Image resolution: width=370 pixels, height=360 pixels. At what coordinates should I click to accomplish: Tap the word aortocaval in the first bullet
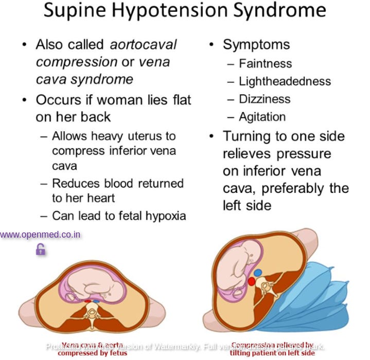click(143, 45)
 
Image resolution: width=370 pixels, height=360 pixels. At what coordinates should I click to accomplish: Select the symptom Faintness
click(265, 64)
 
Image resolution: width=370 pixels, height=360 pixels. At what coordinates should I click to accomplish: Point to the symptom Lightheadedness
click(285, 81)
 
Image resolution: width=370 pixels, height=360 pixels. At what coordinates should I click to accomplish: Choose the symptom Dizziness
click(265, 99)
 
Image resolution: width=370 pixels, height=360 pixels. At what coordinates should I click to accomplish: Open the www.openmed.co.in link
click(40, 235)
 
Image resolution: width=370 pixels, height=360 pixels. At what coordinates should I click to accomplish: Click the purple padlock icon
click(40, 250)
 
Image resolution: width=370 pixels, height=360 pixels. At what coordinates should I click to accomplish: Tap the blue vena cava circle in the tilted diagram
click(257, 273)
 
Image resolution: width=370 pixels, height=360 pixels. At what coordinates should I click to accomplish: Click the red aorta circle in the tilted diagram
click(252, 281)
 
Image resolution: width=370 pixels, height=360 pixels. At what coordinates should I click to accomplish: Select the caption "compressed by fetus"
click(92, 353)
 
